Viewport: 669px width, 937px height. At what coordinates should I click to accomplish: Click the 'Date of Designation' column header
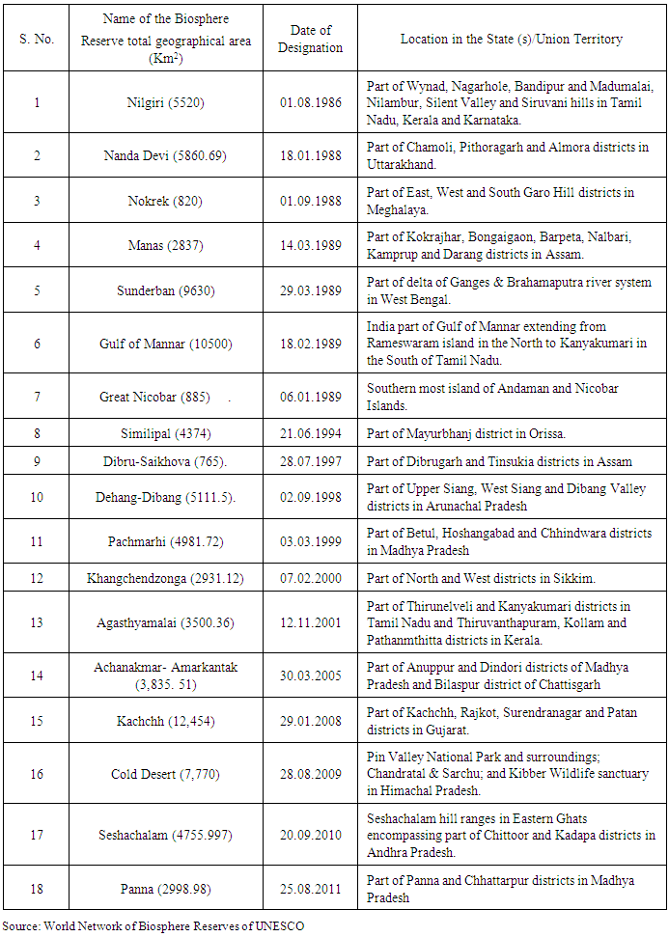(x=310, y=40)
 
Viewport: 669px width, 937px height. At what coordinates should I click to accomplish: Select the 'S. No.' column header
(x=38, y=40)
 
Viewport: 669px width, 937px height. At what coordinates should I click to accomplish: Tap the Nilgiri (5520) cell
(x=165, y=101)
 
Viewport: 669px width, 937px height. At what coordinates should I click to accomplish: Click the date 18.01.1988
(x=310, y=154)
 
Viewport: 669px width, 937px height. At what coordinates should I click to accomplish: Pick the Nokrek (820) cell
(x=165, y=201)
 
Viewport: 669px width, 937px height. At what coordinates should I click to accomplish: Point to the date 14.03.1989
(x=310, y=246)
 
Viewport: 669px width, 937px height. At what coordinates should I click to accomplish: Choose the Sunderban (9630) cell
(x=165, y=290)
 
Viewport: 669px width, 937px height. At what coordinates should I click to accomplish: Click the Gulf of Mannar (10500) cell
(x=165, y=344)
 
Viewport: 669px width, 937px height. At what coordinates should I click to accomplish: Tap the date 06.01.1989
(x=310, y=397)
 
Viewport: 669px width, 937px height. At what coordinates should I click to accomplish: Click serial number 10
(x=38, y=497)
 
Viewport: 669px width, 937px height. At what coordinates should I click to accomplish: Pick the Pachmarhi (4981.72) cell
(x=165, y=542)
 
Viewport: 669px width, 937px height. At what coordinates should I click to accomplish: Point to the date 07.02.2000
(x=310, y=578)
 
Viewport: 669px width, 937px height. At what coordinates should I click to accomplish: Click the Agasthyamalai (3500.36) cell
(x=165, y=622)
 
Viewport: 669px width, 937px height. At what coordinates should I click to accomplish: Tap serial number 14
(x=38, y=675)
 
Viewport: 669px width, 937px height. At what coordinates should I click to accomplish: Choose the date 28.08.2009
(x=310, y=773)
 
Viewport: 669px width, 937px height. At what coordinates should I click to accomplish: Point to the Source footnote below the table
(x=153, y=925)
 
